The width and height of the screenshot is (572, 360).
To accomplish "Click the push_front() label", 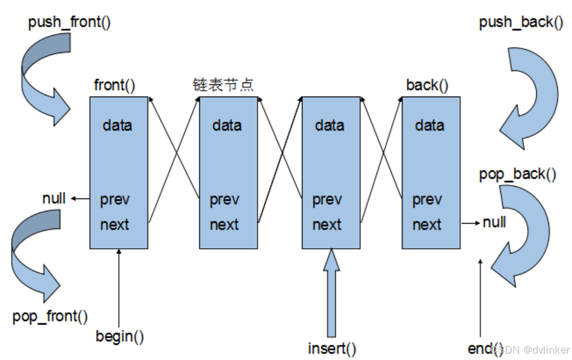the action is pyautogui.click(x=70, y=23).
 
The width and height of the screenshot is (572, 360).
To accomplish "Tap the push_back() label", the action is pyautogui.click(x=521, y=23).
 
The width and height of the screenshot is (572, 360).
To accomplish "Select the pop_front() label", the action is pyautogui.click(x=50, y=317).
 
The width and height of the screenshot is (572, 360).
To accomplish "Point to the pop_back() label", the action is pyautogui.click(x=517, y=174).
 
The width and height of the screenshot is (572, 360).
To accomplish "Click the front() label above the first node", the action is pyautogui.click(x=115, y=85).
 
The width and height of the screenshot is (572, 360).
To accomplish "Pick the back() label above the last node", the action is pyautogui.click(x=427, y=85).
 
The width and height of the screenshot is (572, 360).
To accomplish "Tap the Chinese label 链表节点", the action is pyautogui.click(x=223, y=85).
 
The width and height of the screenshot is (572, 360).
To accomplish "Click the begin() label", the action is pyautogui.click(x=120, y=337).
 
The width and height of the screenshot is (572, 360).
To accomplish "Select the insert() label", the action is pyautogui.click(x=332, y=349).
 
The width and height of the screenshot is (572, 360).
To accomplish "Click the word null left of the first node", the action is pyautogui.click(x=54, y=198).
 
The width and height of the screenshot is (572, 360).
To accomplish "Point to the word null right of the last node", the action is pyautogui.click(x=494, y=222).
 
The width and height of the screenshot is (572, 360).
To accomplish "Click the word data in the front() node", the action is pyautogui.click(x=117, y=126).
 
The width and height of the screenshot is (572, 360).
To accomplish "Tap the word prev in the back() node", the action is pyautogui.click(x=427, y=200).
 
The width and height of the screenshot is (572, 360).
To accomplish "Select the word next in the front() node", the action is pyautogui.click(x=115, y=225).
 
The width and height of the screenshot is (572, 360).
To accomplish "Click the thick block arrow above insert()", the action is pyautogui.click(x=331, y=293).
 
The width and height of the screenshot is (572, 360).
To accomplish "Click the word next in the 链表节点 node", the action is pyautogui.click(x=224, y=225).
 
